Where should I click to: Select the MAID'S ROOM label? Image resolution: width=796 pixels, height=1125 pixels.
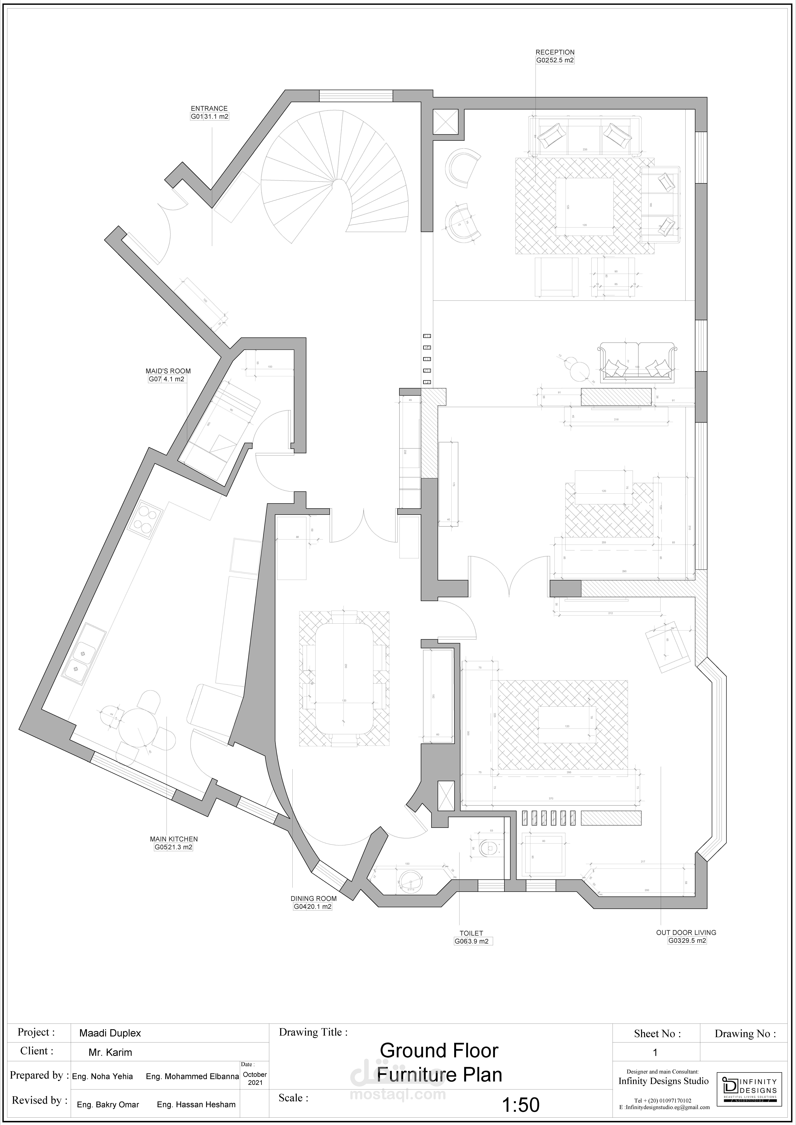click(168, 371)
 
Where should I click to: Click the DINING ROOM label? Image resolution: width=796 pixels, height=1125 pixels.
click(314, 898)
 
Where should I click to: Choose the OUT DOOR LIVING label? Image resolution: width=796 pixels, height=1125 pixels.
click(686, 932)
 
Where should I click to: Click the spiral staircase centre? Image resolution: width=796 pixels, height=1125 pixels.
click(338, 184)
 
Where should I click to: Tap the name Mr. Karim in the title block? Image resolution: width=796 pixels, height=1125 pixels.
click(110, 1052)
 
